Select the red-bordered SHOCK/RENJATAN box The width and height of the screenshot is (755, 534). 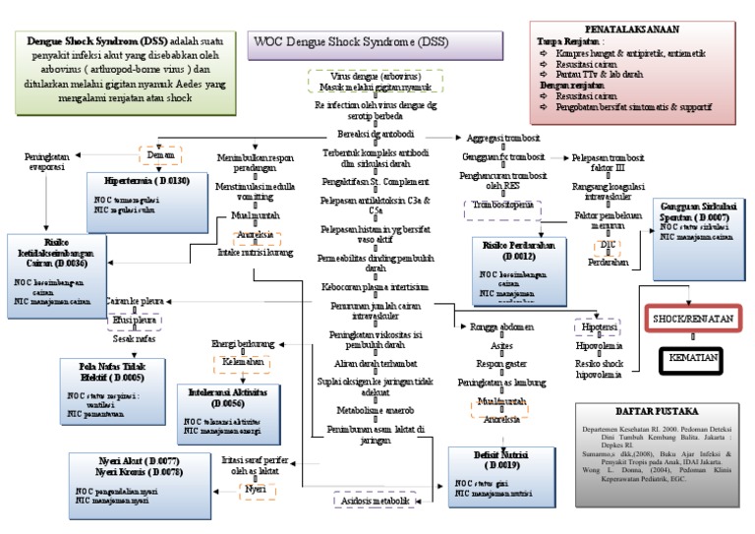[692, 320]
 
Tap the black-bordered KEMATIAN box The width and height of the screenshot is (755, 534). [692, 360]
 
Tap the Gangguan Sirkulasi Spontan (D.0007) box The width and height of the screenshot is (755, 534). [697, 221]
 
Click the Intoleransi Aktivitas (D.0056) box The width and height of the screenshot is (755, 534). [227, 409]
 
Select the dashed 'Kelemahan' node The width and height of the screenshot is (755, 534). [244, 362]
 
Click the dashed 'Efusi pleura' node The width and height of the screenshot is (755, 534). [135, 320]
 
